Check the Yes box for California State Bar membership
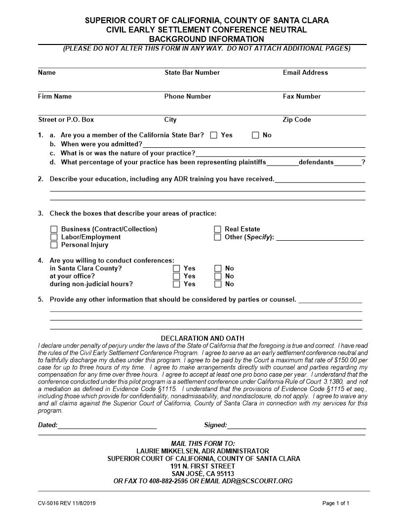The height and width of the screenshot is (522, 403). point(213,135)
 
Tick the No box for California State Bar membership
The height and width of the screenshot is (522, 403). point(255,135)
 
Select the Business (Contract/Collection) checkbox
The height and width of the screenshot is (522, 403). point(54,229)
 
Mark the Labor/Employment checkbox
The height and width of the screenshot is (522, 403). point(54,237)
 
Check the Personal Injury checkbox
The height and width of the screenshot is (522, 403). point(54,245)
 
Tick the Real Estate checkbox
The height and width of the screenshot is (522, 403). point(217,229)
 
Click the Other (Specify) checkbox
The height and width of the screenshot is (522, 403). point(217,237)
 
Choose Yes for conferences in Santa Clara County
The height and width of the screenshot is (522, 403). point(176,268)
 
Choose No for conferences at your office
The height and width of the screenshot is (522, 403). point(218,276)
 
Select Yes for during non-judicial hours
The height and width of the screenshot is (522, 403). point(176,284)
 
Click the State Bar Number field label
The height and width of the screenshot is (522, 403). point(192,73)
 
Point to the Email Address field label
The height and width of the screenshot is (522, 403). point(305,73)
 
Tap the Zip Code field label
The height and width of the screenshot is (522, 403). point(296,120)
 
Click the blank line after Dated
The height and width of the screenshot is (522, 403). point(107,425)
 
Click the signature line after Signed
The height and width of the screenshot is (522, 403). point(296,425)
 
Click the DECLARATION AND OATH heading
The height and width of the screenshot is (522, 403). point(202,338)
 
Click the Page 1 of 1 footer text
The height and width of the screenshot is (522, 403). point(335,503)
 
